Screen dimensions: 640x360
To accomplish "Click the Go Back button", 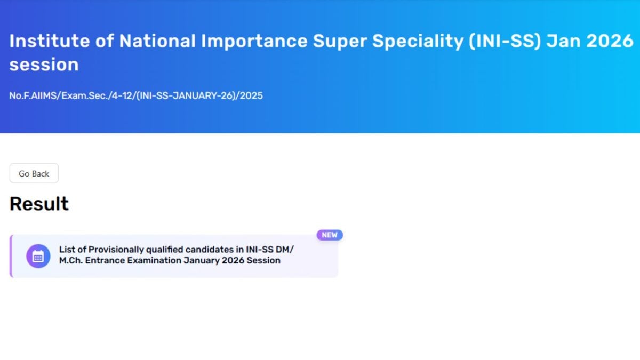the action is tap(34, 173).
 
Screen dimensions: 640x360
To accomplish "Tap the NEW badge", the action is tap(330, 235).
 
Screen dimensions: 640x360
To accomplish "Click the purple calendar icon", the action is tap(38, 256).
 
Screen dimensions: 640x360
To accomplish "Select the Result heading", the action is tap(39, 204).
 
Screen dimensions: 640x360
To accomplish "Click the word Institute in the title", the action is tap(50, 41).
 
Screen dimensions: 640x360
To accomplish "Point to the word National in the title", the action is tap(157, 41).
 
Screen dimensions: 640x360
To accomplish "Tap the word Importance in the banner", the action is tap(254, 41).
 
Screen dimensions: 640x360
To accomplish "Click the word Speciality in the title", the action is tap(418, 41).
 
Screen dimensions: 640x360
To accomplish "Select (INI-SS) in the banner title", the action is tap(505, 41).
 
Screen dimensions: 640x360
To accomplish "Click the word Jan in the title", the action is tap(563, 41).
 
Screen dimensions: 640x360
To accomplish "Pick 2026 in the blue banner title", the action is tap(610, 41).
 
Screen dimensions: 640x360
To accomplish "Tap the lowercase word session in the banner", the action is tap(44, 65).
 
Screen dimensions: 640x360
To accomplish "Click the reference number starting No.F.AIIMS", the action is tap(136, 95).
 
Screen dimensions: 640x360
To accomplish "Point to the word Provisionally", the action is tap(116, 250).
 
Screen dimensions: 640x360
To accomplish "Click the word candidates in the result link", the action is tap(210, 250).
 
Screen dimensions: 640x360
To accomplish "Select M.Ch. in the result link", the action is tap(71, 261).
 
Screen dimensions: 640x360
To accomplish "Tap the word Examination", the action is tap(154, 261).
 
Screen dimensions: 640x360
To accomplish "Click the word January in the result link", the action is tap(202, 261).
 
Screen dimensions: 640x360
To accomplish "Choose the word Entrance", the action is tap(105, 261).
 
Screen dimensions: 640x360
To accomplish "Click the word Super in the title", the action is tap(340, 41).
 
